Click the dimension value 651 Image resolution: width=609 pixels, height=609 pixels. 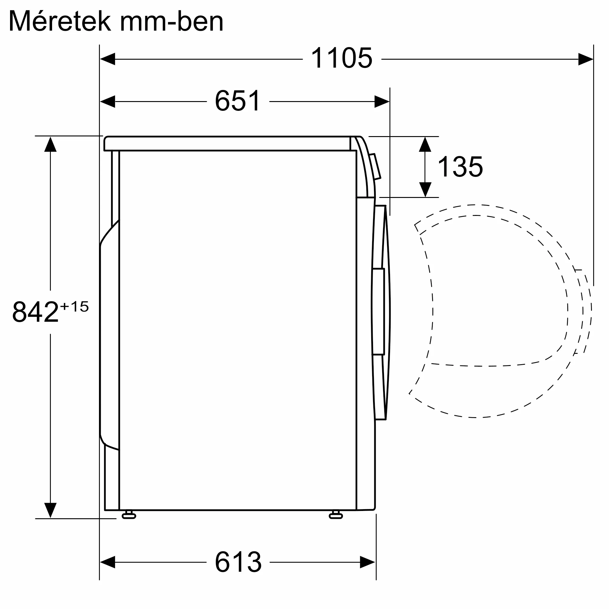(x=238, y=101)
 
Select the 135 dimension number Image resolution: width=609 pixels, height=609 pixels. (x=460, y=167)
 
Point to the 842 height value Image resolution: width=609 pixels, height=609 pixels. (x=35, y=312)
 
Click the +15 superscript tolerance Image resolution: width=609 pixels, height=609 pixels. (x=75, y=307)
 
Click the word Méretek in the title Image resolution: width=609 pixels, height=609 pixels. (x=60, y=21)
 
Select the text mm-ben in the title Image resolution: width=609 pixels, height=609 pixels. (x=172, y=21)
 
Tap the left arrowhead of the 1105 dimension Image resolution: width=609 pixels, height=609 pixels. (x=107, y=59)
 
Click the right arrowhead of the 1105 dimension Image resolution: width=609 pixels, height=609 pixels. (x=585, y=59)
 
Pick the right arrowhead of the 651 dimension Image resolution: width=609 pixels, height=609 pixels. (x=382, y=101)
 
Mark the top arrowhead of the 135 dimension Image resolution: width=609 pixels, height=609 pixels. (x=425, y=145)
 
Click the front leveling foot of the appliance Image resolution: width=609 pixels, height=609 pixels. (x=336, y=516)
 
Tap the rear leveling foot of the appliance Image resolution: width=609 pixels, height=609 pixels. (x=128, y=516)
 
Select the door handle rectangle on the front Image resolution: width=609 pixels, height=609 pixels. (x=378, y=312)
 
